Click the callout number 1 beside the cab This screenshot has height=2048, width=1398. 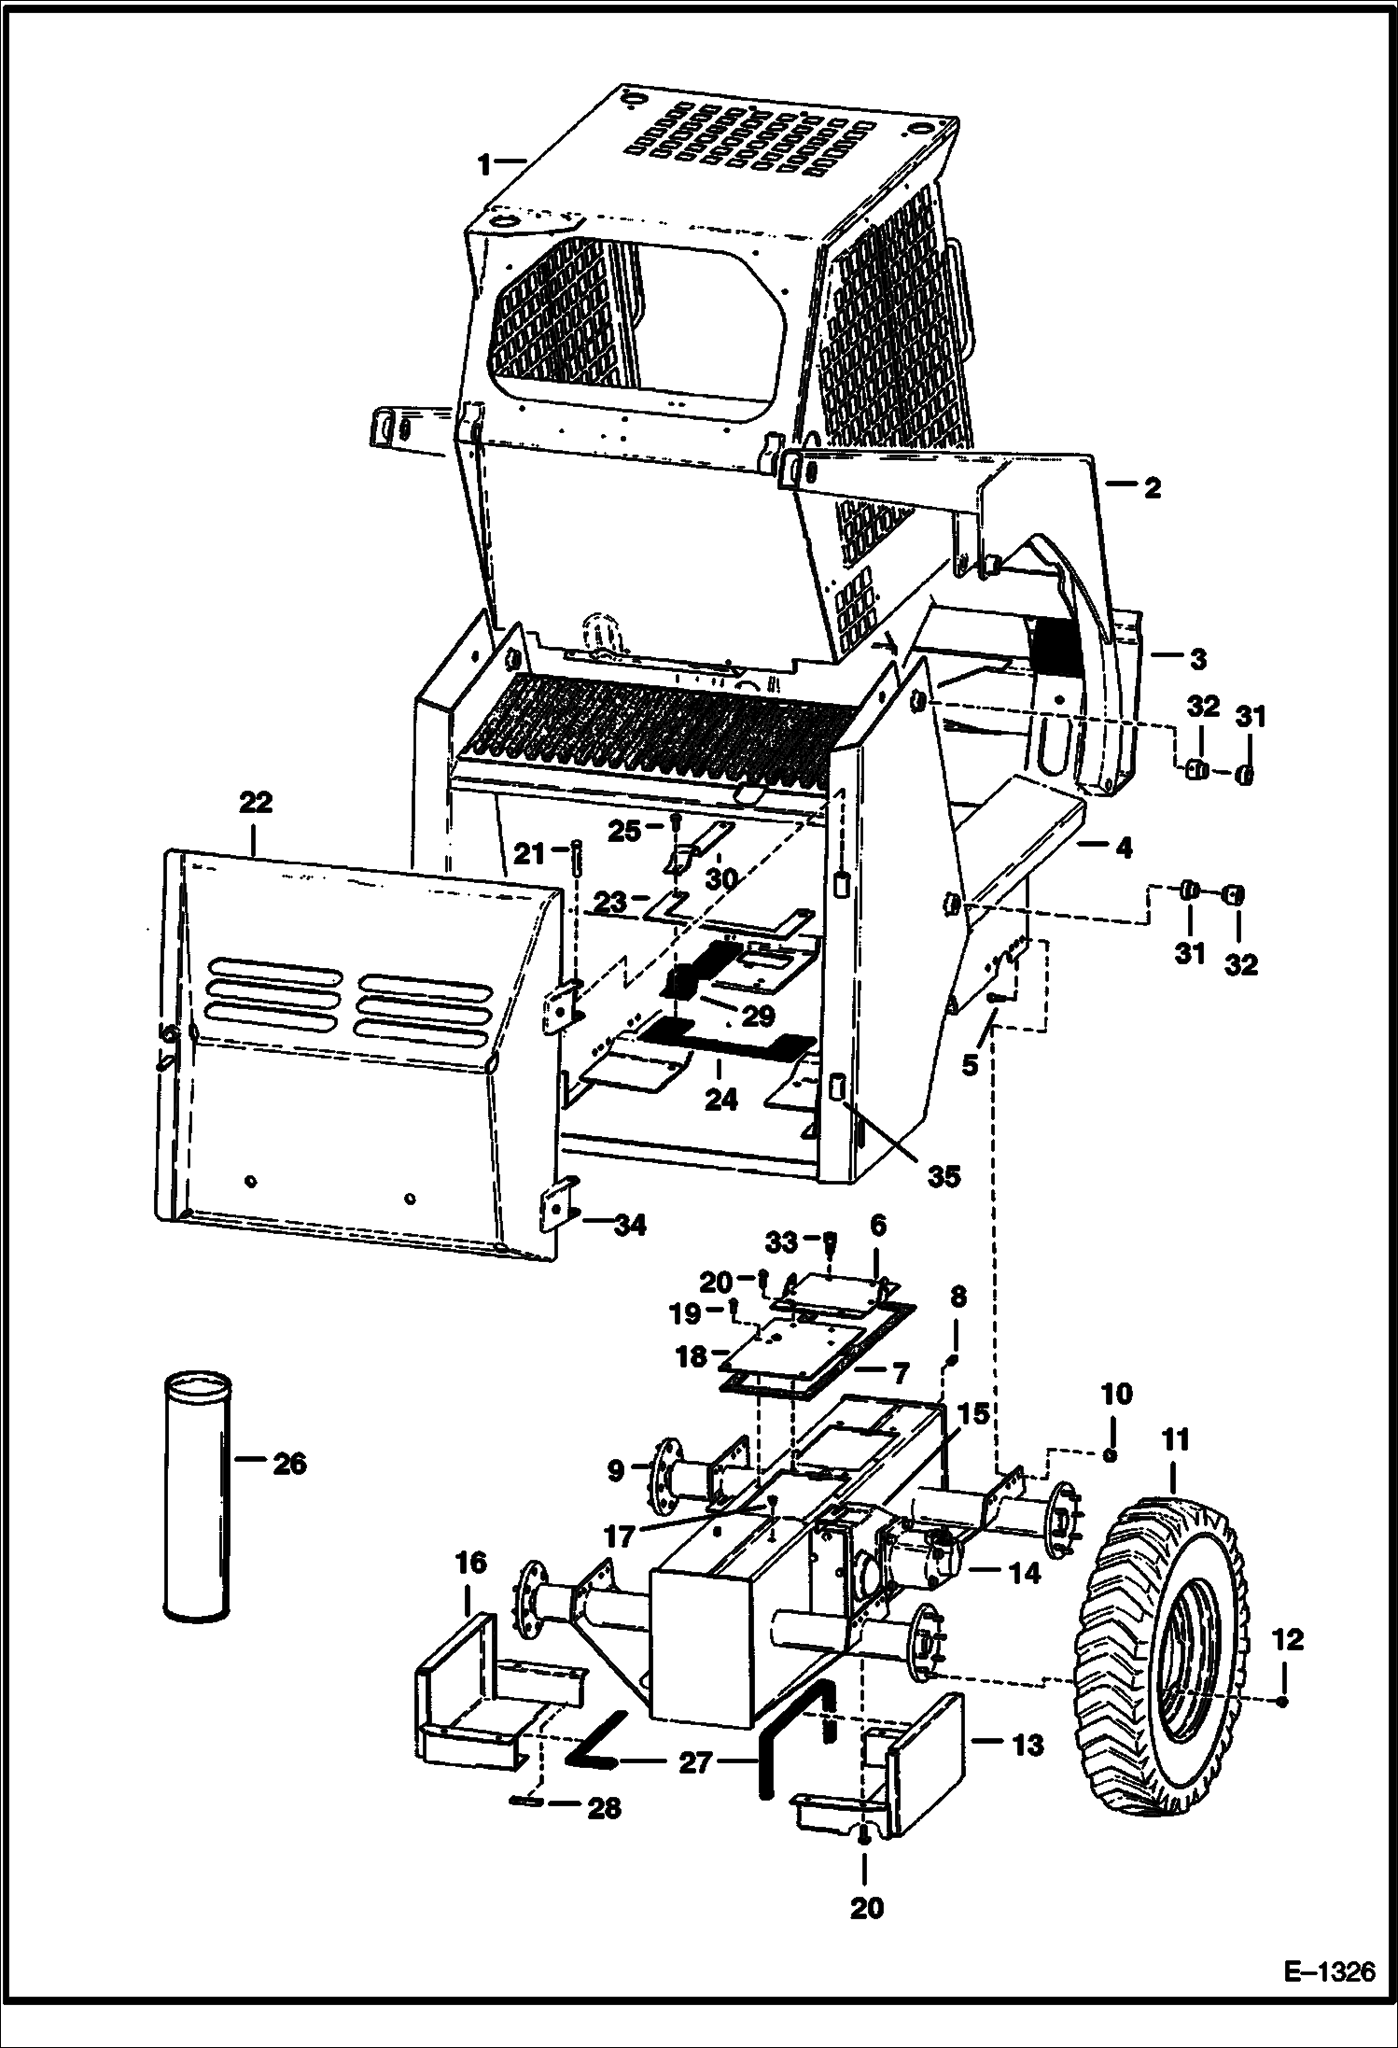point(484,165)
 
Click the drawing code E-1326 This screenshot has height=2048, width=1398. point(1329,1999)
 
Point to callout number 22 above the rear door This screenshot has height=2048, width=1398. point(256,803)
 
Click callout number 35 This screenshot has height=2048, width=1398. point(944,1177)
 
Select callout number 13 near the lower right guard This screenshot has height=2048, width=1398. point(1028,1745)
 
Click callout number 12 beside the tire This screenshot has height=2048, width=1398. point(1287,1640)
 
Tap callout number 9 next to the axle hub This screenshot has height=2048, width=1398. point(615,1471)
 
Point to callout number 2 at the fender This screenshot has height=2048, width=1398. point(1153,487)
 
